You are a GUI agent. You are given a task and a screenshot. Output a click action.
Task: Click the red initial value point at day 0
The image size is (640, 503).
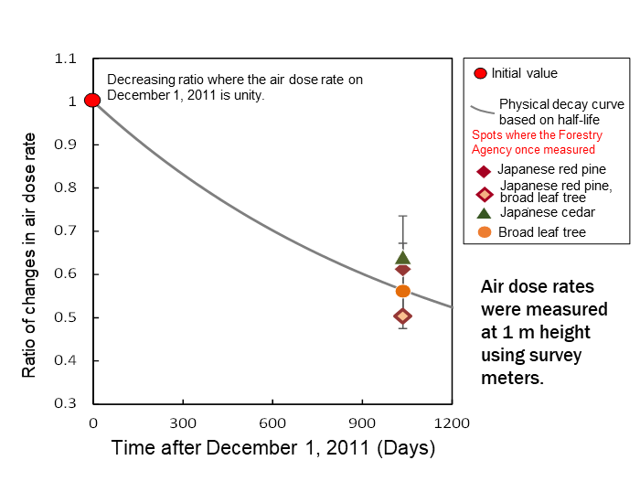pos(92,100)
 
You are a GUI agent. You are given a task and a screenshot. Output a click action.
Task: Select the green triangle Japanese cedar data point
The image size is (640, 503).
pos(402,257)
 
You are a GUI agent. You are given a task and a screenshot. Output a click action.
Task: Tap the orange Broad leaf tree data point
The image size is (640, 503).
pos(402,291)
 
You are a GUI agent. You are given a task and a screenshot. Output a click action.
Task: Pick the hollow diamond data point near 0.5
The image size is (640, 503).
pos(402,316)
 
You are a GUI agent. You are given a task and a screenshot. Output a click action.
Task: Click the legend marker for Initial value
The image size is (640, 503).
pos(481,73)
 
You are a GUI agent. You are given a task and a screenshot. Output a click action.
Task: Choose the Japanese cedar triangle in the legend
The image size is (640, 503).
pos(484,212)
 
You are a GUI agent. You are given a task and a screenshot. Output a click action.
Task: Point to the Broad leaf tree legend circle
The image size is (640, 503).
pos(484,232)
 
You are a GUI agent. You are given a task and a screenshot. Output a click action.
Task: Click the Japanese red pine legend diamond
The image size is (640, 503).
pos(484,170)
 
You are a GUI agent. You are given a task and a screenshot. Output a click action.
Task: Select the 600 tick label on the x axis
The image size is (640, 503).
pos(272,423)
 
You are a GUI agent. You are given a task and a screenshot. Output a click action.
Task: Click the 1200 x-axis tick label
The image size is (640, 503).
pos(452,423)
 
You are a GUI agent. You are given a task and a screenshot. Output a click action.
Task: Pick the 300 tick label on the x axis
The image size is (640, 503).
pos(183,423)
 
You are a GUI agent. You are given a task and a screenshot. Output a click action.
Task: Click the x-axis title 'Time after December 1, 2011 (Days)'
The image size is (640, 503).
pos(273,449)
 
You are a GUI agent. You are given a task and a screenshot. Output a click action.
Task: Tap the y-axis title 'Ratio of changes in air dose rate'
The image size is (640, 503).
pos(30,255)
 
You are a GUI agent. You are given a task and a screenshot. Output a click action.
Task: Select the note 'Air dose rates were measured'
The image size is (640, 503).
pos(544,331)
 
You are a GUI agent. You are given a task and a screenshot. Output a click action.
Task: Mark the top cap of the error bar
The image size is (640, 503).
pos(402,216)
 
